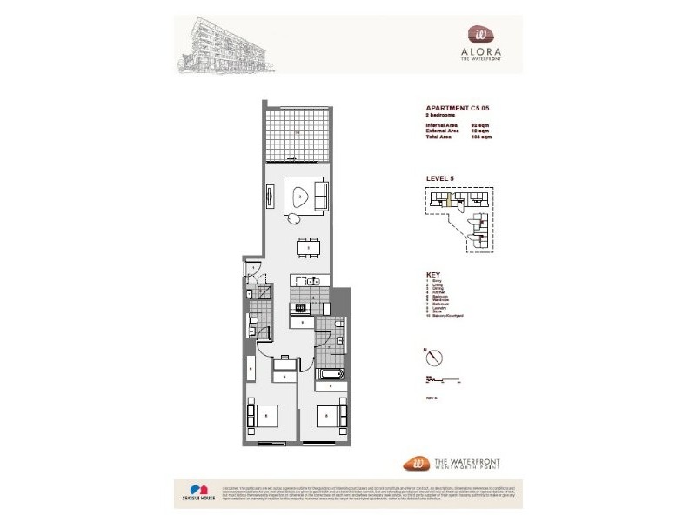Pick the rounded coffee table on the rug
pyautogui.click(x=300, y=198)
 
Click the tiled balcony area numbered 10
pyautogui.click(x=296, y=133)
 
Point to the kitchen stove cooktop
pyautogui.click(x=300, y=306)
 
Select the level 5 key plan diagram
pyautogui.click(x=461, y=221)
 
